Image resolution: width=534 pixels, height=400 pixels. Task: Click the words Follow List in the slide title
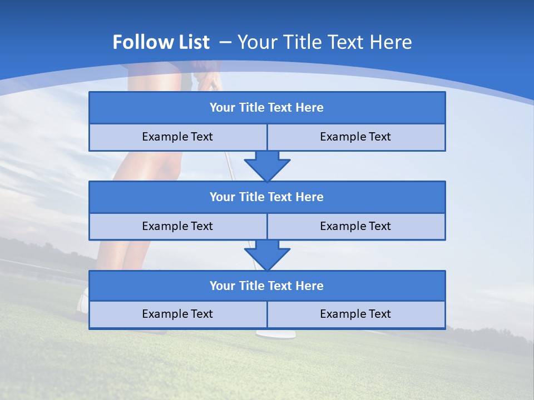point(161,42)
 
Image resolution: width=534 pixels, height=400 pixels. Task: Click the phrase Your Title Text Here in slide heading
point(324,42)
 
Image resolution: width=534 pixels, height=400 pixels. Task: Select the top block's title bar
point(266,108)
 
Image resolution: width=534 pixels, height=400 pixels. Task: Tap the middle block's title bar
point(266,197)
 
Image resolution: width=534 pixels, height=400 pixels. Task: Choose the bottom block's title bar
point(266,286)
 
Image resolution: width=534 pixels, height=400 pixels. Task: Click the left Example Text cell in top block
point(177,137)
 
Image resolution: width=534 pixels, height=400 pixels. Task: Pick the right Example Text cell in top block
point(355,137)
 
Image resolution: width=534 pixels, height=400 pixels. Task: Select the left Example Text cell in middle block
point(177,227)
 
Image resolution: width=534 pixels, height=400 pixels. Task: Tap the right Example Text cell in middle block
point(355,227)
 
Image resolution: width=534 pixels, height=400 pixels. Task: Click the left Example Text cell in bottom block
point(177,314)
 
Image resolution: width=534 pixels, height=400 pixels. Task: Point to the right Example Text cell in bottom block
point(355,314)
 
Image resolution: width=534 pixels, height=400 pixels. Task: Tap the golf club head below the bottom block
point(275,334)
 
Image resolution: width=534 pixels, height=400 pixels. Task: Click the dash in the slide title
point(225,42)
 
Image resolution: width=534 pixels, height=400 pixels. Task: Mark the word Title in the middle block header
point(251,197)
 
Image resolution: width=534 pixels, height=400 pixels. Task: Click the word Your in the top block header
point(222,108)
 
